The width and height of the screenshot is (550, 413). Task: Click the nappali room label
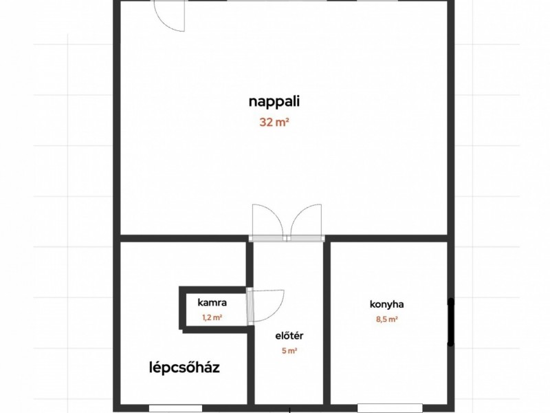click(274, 102)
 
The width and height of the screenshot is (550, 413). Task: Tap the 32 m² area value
click(274, 123)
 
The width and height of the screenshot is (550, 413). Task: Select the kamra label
click(212, 302)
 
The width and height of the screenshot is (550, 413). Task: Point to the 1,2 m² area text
click(212, 317)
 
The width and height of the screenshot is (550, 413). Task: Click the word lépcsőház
click(184, 368)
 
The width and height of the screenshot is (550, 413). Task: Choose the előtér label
click(289, 335)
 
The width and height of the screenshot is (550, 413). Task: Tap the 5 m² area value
click(289, 350)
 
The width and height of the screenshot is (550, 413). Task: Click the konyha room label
click(386, 304)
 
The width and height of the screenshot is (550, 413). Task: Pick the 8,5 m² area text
click(386, 319)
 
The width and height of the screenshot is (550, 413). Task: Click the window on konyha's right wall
click(451, 322)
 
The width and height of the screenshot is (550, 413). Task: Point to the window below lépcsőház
click(176, 408)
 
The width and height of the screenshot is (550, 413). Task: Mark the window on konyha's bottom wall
click(390, 408)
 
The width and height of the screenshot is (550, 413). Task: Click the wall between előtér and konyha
click(327, 323)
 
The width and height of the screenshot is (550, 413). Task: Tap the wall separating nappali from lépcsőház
click(183, 238)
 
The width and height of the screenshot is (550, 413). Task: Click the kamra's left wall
click(181, 308)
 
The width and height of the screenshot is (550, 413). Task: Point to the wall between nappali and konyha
click(386, 238)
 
